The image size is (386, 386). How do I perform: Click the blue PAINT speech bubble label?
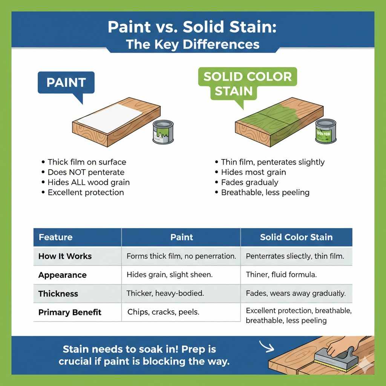click(x=66, y=83)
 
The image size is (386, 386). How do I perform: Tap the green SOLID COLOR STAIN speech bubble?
click(x=247, y=83)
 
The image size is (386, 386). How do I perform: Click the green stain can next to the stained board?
click(x=325, y=131)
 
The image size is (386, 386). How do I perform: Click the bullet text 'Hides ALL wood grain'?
click(x=89, y=182)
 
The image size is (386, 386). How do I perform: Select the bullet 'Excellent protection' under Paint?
click(x=86, y=192)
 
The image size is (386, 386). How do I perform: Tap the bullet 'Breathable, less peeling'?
click(x=265, y=193)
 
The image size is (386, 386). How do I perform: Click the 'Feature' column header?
click(x=55, y=237)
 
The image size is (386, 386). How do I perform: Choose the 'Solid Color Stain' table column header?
click(x=296, y=237)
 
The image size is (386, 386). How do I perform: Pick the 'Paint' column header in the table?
click(x=181, y=237)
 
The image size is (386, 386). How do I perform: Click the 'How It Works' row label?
click(x=65, y=256)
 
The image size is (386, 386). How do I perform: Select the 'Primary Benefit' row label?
click(x=70, y=312)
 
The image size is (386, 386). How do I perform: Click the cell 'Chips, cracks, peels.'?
click(x=163, y=312)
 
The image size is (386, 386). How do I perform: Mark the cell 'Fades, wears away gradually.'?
click(x=295, y=294)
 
